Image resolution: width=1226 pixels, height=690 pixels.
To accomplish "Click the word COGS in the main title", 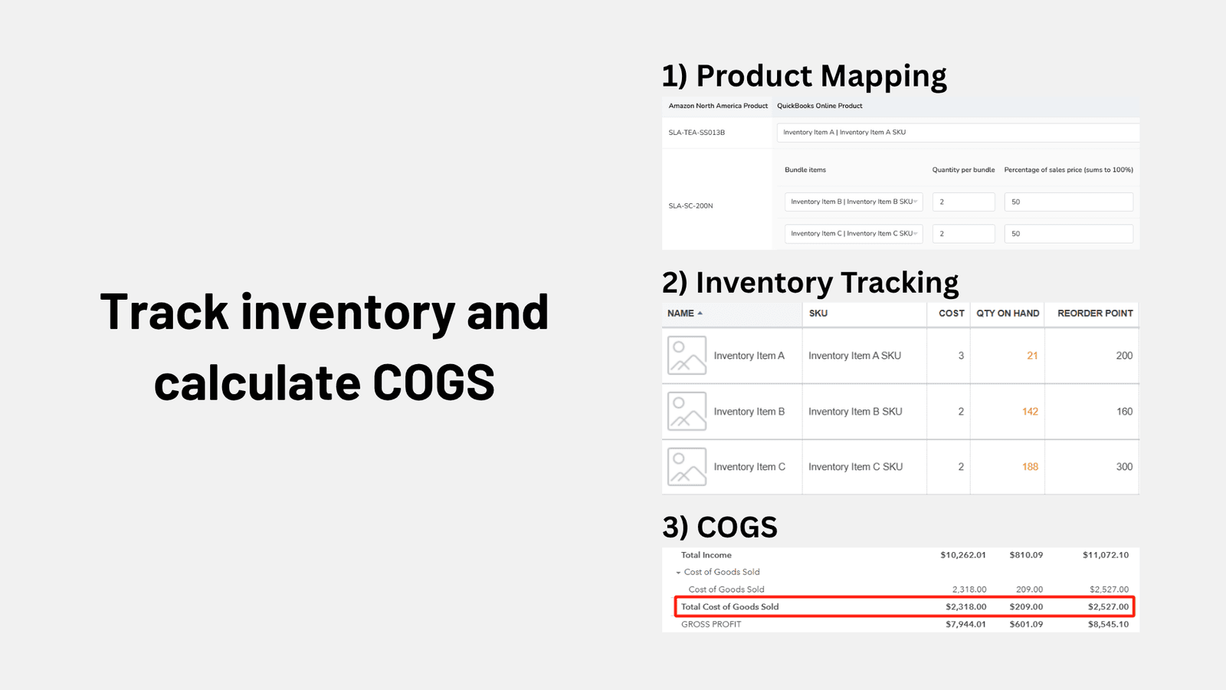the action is point(434,383).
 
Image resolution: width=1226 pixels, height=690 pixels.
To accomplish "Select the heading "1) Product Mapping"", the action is point(804,76).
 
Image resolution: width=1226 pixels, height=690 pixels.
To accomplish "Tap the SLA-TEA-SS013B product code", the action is point(697,133).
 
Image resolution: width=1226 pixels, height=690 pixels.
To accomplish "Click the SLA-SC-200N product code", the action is point(690,206).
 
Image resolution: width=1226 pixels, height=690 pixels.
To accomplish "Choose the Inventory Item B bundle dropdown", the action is point(854,202).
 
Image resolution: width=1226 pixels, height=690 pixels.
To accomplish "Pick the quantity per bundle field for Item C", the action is point(963,233).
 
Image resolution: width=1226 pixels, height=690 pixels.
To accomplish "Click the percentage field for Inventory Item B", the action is point(1068,202).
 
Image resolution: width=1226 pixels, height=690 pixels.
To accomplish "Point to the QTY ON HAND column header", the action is point(1008,314).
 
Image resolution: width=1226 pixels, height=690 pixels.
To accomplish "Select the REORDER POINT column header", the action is point(1095,314).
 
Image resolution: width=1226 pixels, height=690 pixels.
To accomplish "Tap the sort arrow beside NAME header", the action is point(700,314).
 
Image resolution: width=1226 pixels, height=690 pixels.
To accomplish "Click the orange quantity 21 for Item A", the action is point(1032,356).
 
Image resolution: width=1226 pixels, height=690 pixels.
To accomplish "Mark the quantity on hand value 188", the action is point(1030,467).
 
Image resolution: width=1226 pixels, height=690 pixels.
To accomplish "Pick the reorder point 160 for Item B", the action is point(1124,411).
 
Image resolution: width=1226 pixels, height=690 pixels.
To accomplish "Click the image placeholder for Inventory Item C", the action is point(687,467).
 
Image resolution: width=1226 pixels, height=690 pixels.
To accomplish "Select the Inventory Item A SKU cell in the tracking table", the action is point(854,356).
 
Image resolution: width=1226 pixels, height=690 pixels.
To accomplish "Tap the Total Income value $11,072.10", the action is point(1106,555).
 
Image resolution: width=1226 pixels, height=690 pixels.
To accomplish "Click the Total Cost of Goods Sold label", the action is point(729,606).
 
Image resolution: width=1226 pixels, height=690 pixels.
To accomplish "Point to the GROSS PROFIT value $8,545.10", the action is point(1108,624).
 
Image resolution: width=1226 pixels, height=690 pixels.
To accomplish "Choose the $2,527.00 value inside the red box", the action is point(1108,606).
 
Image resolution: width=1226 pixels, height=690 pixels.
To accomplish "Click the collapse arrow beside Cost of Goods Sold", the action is point(678,573).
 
